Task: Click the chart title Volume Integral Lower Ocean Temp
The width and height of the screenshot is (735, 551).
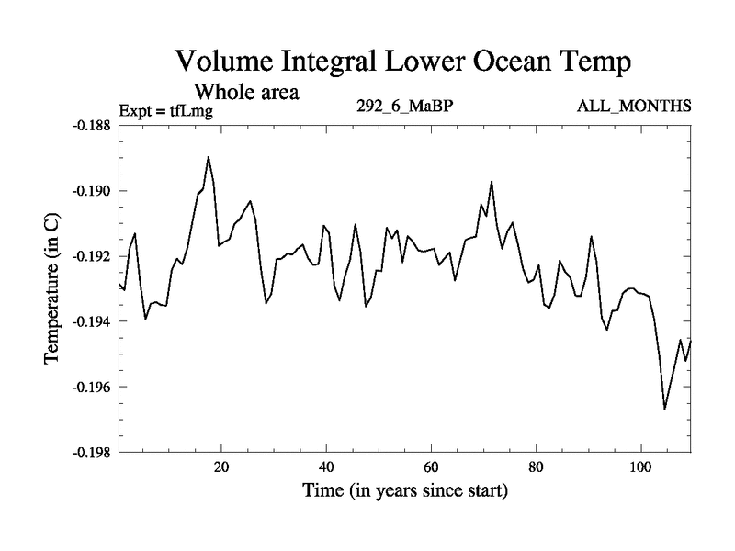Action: click(404, 63)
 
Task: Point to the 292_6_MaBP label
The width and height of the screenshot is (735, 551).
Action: click(405, 107)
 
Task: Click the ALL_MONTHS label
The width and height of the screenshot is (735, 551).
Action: click(634, 107)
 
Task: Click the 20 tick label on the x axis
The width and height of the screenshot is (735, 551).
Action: click(221, 467)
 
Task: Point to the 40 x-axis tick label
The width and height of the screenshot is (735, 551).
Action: click(326, 467)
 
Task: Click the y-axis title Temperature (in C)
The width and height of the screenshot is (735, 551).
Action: click(52, 289)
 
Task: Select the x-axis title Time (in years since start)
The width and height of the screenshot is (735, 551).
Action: click(405, 491)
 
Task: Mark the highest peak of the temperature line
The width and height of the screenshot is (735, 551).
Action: click(209, 157)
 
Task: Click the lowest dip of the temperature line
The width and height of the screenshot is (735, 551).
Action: click(665, 409)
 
